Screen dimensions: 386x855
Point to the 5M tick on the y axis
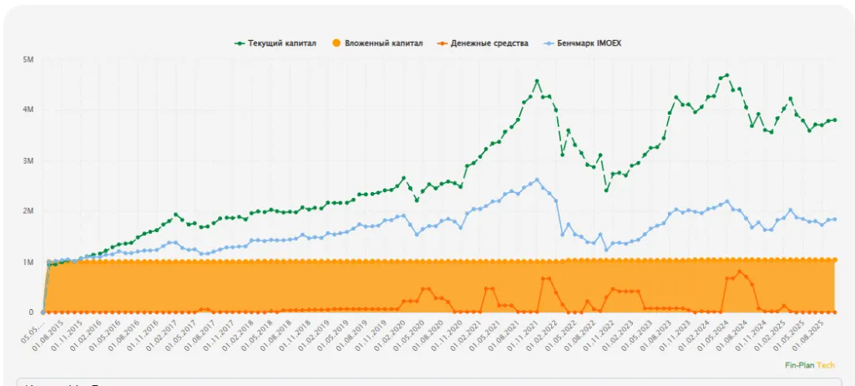28,60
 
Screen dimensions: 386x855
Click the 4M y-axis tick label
28,110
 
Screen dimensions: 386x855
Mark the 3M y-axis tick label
28,161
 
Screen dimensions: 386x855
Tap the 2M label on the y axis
28,211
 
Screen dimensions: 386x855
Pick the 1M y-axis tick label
28,262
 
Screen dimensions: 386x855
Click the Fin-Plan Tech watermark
809,365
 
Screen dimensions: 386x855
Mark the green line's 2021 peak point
537,81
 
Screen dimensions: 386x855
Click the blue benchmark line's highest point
537,180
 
